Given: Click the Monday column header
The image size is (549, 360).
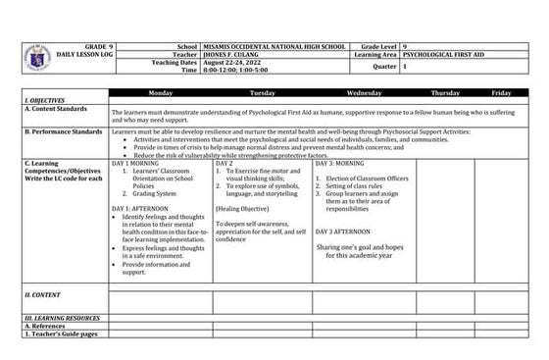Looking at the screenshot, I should [161, 92].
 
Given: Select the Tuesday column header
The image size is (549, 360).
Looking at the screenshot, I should [262, 92].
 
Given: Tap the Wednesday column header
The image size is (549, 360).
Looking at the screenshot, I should [364, 92].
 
